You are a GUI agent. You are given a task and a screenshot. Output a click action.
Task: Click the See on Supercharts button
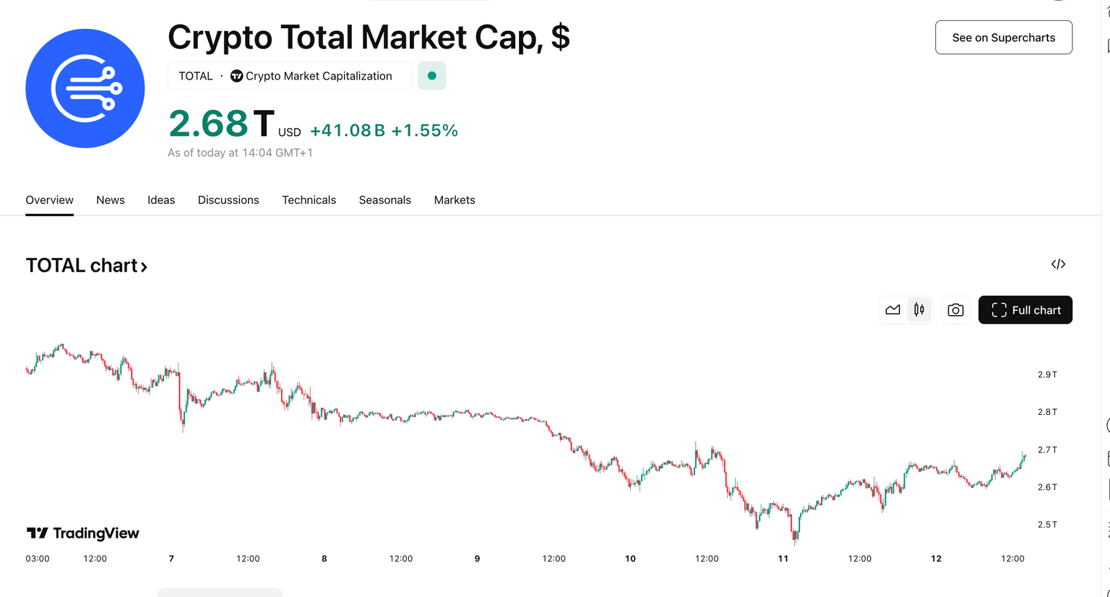[x=1003, y=38]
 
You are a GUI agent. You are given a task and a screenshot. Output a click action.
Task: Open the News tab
[x=111, y=200]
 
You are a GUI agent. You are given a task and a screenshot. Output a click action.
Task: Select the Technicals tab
[x=309, y=200]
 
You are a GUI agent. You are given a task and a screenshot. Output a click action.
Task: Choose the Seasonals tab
[x=384, y=200]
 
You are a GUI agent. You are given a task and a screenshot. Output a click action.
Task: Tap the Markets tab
[x=455, y=200]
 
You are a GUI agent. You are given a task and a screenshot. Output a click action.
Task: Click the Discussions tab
[x=228, y=200]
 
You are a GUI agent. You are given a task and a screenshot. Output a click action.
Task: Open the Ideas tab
[x=161, y=200]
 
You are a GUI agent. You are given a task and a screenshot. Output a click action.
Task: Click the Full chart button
[x=1025, y=310]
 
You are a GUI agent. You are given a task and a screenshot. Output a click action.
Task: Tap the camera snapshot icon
[x=955, y=310]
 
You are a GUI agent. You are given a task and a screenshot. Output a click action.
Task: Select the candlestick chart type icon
[x=919, y=310]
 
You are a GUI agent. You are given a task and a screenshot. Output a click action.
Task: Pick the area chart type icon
[x=892, y=310]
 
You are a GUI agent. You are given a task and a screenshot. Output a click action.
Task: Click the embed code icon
[x=1058, y=265]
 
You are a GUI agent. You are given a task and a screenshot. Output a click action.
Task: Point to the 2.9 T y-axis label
[x=1047, y=374]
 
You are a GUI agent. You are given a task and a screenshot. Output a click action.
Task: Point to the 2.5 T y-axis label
[x=1047, y=525]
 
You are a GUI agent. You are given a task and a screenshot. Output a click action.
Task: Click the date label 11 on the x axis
[x=783, y=559]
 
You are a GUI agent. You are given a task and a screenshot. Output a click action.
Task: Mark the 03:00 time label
[x=38, y=559]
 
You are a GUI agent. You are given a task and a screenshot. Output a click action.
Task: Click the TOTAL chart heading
[x=86, y=266]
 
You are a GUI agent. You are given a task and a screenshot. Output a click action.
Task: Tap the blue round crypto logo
[x=85, y=88]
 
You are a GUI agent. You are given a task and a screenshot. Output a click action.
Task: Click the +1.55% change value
[x=424, y=131]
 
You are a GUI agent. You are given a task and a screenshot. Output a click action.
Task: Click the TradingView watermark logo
[x=83, y=533]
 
